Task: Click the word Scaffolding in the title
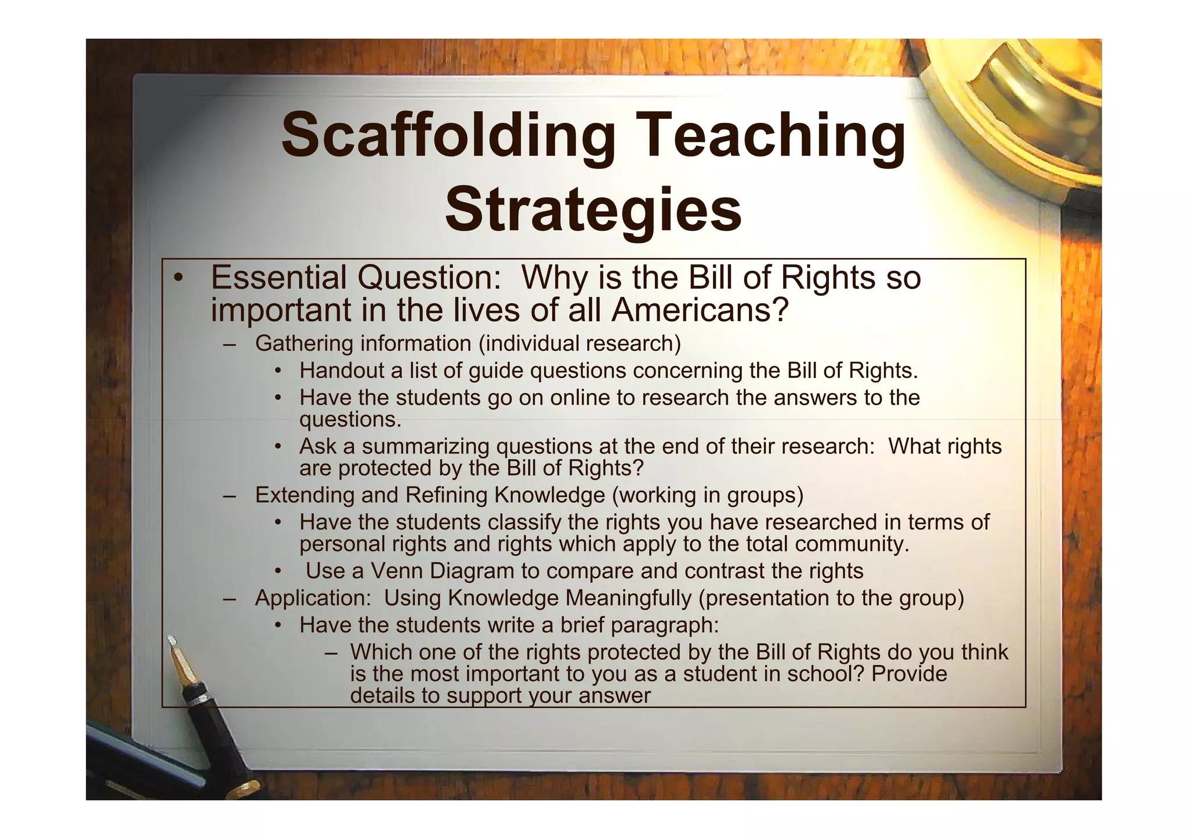[447, 136]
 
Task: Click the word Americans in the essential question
[700, 310]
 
